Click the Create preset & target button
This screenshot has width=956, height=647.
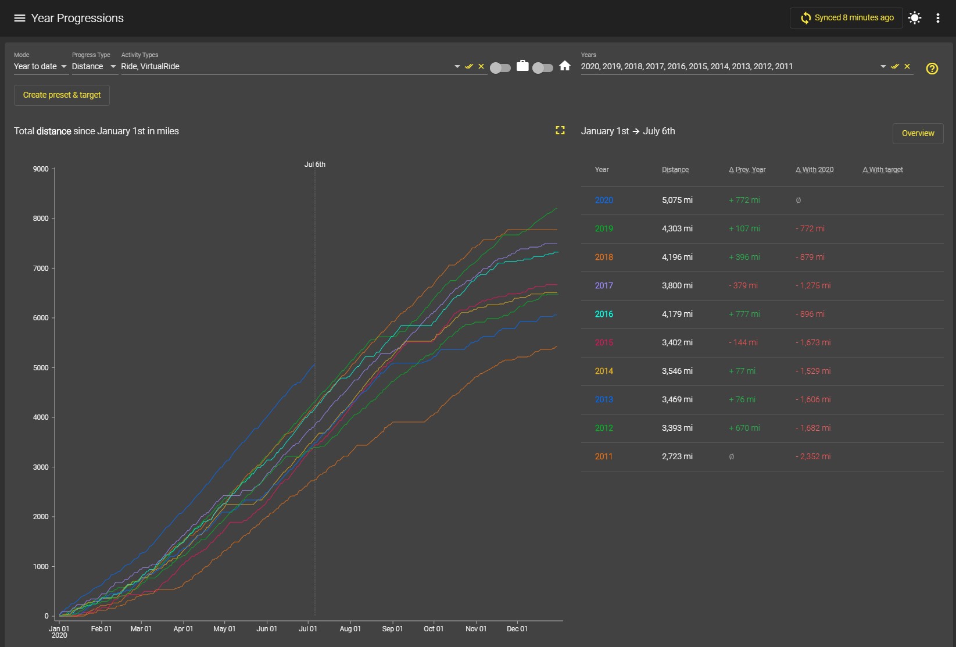pos(62,95)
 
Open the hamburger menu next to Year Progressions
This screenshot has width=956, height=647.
pos(20,18)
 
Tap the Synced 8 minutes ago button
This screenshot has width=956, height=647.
pos(846,18)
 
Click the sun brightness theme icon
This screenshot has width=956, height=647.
pos(915,18)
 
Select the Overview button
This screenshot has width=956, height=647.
pos(918,133)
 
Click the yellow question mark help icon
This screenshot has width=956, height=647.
pos(932,68)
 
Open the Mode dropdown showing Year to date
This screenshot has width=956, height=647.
pos(41,67)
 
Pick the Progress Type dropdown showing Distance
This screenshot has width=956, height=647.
pos(94,67)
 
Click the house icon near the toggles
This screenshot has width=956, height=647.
pos(565,65)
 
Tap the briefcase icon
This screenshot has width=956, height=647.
pos(522,66)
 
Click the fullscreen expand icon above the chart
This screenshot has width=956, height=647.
pos(560,131)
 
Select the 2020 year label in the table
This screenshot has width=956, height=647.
pos(603,200)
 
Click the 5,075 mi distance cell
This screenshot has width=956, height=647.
pos(677,200)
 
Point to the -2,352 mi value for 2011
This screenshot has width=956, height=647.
pos(813,457)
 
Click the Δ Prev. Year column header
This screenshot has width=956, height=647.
pos(747,169)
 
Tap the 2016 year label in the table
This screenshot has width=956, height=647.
pos(603,314)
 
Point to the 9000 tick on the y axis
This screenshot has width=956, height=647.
pos(41,169)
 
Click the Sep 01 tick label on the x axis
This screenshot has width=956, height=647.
pos(392,628)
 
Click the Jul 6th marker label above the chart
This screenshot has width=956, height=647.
pos(314,165)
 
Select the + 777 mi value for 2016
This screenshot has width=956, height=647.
pos(744,314)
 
